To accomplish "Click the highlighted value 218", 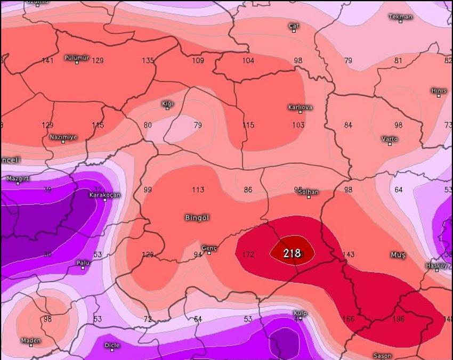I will (292, 253).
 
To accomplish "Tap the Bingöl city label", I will (197, 218).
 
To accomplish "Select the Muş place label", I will (398, 255).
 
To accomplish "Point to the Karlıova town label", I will (300, 107).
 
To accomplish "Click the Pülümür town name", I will (77, 57).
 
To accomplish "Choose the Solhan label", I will (309, 192).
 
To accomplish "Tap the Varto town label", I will (390, 139).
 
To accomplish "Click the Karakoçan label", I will (104, 194).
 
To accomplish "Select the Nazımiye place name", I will (63, 137).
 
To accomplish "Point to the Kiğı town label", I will (167, 103).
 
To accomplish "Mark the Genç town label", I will (209, 248).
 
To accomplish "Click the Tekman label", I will (401, 17).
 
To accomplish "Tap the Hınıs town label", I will (439, 91).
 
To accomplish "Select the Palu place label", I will (83, 263).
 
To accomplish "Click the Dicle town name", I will (112, 345).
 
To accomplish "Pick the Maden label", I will (31, 340).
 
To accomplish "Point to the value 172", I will (248, 255).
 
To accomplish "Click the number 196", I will (399, 319).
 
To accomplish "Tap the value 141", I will (47, 61).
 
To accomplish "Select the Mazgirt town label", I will (18, 178).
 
